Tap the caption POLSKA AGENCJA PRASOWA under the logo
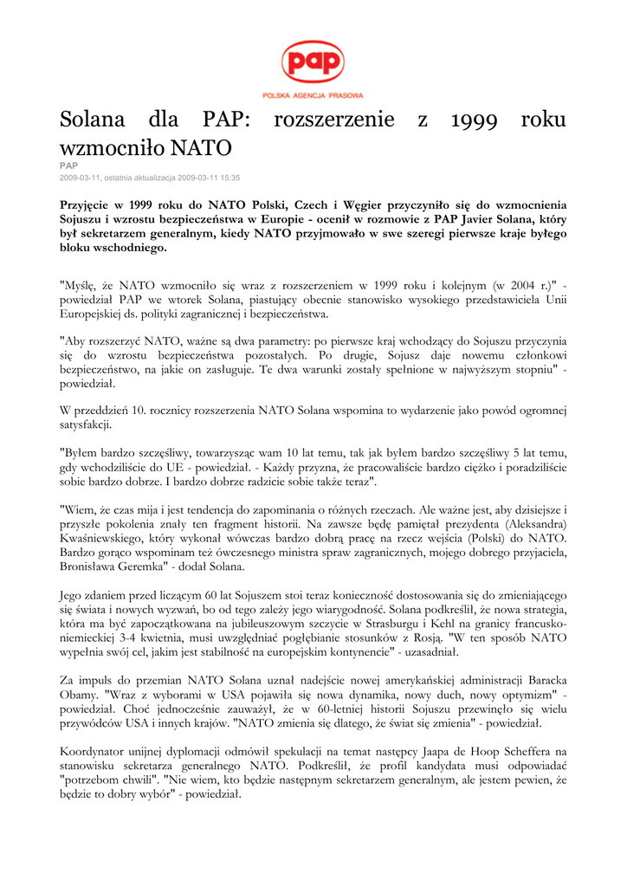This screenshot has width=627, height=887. coord(313,95)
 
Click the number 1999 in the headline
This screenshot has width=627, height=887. coord(475,120)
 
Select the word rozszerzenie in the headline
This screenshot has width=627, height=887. coord(333,120)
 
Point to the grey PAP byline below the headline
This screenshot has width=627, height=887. coord(68,165)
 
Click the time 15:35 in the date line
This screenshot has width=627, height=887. coord(229,177)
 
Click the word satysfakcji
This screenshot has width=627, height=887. coord(86,424)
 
